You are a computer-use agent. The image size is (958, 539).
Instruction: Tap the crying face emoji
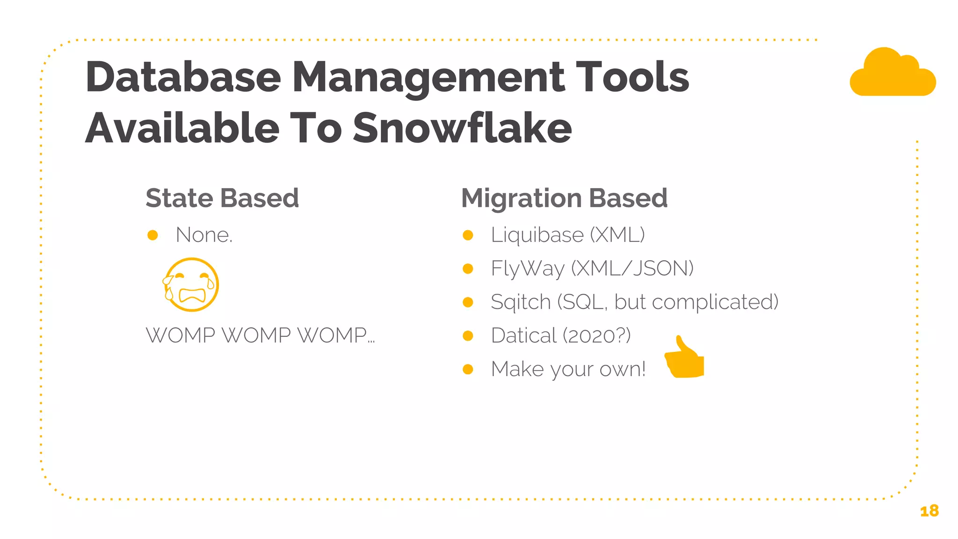click(191, 284)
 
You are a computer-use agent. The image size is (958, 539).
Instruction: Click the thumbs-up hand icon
click(685, 358)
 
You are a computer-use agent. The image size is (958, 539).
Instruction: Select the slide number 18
click(929, 511)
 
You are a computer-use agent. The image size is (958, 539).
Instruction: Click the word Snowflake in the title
click(462, 128)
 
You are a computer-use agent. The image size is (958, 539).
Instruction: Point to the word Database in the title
click(183, 77)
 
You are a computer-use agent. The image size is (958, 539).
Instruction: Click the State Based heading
click(222, 198)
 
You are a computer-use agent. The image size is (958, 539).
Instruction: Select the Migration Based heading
click(564, 198)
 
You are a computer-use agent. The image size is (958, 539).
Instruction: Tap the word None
click(203, 235)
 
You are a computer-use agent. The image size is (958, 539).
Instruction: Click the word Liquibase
click(537, 235)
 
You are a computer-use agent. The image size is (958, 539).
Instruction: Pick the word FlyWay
click(528, 269)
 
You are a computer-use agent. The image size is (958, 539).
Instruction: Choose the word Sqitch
click(521, 302)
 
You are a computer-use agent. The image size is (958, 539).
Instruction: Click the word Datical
click(524, 336)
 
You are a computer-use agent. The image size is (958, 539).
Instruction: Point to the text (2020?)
click(596, 336)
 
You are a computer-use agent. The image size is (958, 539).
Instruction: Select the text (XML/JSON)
click(632, 269)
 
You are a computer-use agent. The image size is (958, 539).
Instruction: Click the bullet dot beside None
click(152, 235)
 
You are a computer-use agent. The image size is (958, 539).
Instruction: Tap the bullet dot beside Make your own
click(468, 370)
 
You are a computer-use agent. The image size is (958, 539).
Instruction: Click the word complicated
click(715, 302)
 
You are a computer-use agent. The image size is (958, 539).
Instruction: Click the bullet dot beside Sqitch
click(468, 302)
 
